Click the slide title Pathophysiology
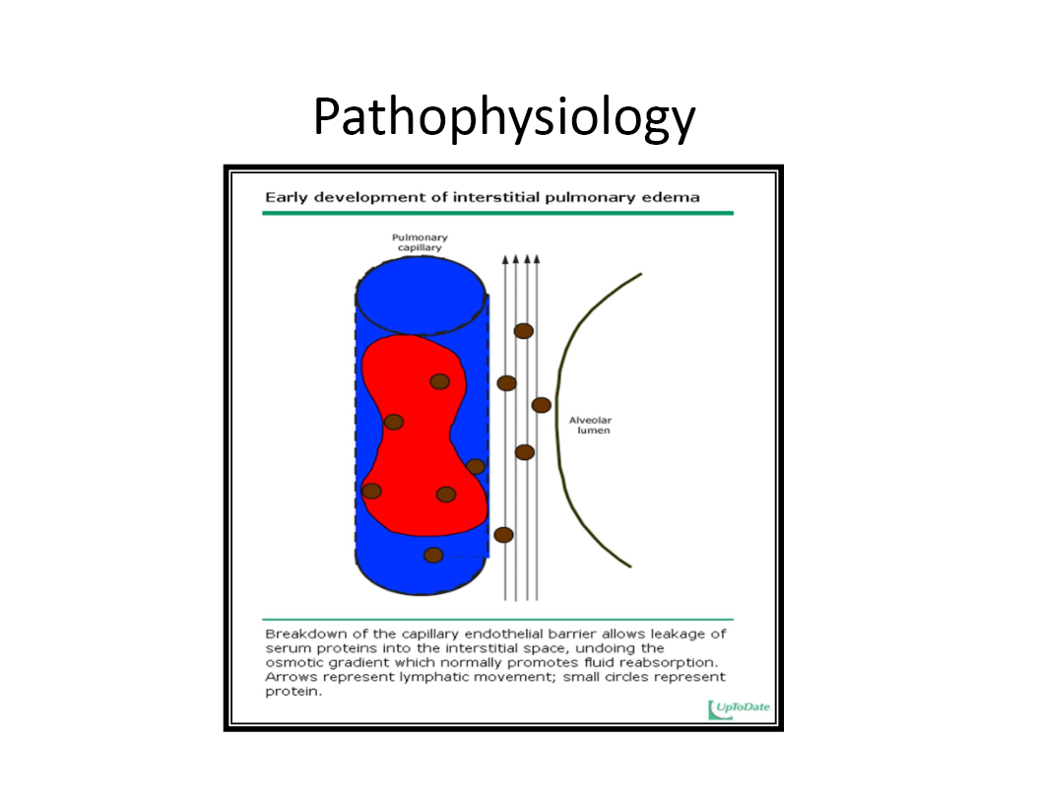coord(503,118)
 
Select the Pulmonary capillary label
coord(420,242)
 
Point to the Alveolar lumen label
coord(590,426)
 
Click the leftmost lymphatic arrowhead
coord(505,260)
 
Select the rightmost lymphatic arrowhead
coord(538,260)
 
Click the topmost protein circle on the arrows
coord(524,331)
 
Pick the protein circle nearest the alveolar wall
coord(541,405)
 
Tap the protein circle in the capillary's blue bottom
coord(433,555)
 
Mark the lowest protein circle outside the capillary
coord(503,535)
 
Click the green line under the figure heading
coord(497,213)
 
